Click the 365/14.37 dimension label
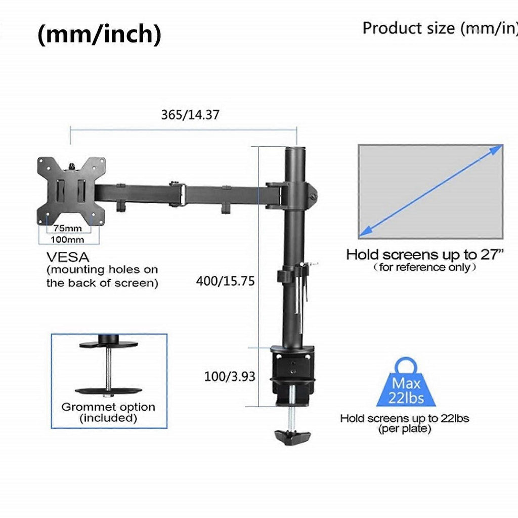190,115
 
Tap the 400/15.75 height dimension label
225,281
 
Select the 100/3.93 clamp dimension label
230,376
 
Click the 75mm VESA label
68,228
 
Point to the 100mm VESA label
67,239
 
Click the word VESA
68,257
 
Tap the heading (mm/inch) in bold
100,34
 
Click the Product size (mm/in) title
440,28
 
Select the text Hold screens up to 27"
425,255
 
